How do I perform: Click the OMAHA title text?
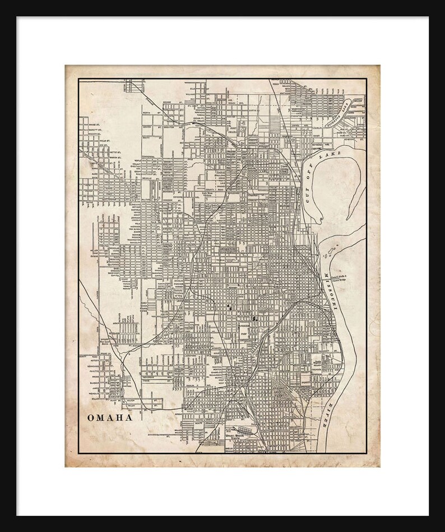(x=109, y=418)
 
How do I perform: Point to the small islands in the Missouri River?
(x=332, y=247)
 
